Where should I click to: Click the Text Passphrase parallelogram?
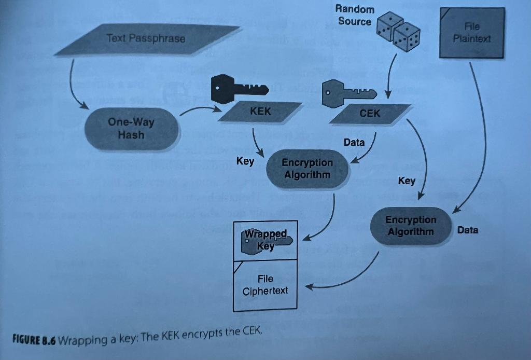pos(146,39)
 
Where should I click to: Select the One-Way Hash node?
pos(131,128)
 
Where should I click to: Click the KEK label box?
pos(260,112)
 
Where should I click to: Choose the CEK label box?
pos(370,114)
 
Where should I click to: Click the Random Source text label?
pos(355,15)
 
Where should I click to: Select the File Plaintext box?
pos(472,33)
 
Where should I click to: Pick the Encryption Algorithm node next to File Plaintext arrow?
pos(411,226)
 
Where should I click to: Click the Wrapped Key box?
pos(265,240)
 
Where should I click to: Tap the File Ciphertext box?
pos(265,285)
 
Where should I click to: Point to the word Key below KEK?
pos(245,161)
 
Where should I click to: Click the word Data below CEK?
pos(354,142)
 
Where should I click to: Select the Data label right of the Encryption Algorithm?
pos(468,230)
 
